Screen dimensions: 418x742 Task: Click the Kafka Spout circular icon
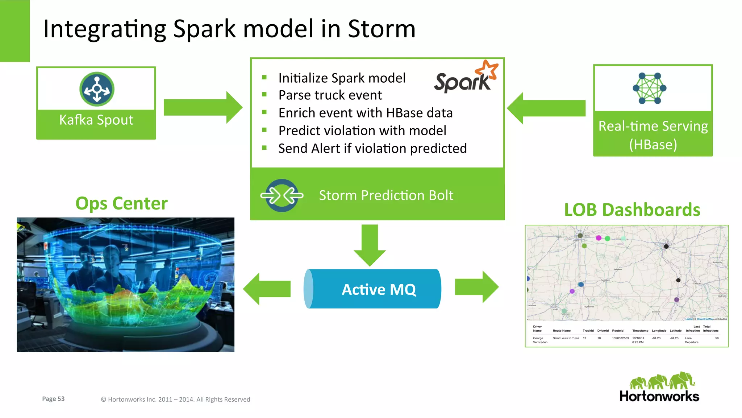point(97,89)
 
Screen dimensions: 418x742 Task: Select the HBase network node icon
point(650,88)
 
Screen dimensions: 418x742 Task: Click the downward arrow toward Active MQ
point(370,245)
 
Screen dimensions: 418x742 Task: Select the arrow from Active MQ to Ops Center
point(267,289)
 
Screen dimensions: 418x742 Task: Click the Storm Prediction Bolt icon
point(282,195)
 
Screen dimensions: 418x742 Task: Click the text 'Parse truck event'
point(330,95)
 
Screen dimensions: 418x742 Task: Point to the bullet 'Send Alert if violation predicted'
point(372,149)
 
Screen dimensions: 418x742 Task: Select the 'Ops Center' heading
point(121,203)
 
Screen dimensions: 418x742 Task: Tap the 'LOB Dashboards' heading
point(632,210)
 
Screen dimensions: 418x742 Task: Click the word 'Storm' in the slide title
point(381,29)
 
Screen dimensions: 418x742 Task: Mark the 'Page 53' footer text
point(53,399)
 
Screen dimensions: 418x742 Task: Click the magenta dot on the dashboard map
point(599,238)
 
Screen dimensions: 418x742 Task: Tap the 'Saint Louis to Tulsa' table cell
point(566,338)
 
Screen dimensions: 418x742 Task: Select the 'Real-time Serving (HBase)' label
point(653,135)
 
